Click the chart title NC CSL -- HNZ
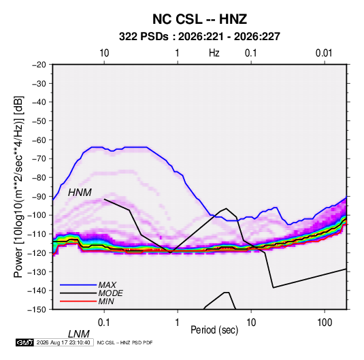coord(199,19)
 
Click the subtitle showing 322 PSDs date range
coord(199,37)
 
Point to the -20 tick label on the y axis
coord(39,65)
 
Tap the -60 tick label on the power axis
coord(39,140)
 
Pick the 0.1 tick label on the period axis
coord(103,323)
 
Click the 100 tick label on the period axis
coord(325,323)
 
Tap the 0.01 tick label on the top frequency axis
coord(324,53)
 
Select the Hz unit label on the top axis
coord(214,53)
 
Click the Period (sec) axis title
coord(214,330)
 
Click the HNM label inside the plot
coord(80,193)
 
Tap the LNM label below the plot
coord(79,334)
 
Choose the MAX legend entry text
coord(107,285)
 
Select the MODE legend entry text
coord(110,293)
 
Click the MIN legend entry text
coord(106,301)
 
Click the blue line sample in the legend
coord(78,285)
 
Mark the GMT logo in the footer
coord(25,342)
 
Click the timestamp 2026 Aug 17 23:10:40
coord(63,342)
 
